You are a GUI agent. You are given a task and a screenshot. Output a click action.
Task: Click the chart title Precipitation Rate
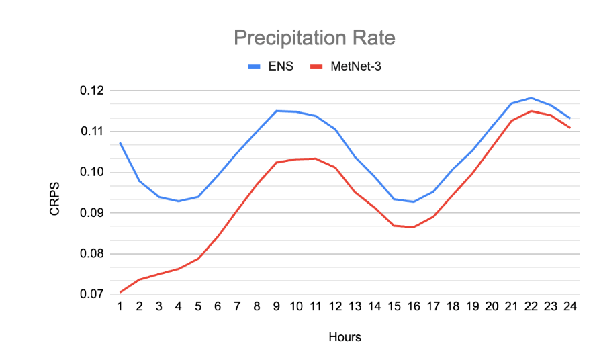coord(314,38)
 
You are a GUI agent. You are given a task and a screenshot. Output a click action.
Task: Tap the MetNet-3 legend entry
coord(356,67)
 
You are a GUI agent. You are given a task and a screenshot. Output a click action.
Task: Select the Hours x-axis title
coord(345,337)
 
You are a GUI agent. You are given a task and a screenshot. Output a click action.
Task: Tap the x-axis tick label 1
coord(120,306)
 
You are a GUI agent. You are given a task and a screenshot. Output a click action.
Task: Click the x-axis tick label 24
coord(569,306)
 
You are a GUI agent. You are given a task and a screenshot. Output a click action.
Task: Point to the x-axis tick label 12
coord(334,306)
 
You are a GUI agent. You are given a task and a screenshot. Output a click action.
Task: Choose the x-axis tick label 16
coord(413,306)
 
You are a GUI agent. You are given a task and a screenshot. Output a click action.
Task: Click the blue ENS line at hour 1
coord(120,142)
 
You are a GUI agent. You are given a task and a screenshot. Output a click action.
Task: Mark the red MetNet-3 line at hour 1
coord(120,292)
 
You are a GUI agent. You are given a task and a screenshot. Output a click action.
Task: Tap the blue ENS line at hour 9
coord(276,111)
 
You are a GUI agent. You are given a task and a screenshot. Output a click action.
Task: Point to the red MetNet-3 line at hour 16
coord(413,227)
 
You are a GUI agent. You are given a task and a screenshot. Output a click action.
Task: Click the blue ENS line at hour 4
coord(179,201)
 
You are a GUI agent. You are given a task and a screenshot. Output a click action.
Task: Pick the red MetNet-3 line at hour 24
coord(569,128)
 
